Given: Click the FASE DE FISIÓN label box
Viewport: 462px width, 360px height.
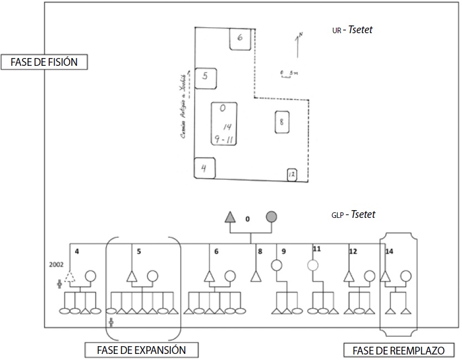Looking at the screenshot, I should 45,61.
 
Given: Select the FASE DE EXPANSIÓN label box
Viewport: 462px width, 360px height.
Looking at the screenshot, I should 140,349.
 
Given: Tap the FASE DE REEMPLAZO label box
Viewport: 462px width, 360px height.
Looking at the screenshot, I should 398,349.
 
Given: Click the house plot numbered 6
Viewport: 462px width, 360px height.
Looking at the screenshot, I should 240,38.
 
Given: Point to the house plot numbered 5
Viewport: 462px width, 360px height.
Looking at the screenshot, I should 205,77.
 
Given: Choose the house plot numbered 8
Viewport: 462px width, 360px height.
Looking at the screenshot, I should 281,122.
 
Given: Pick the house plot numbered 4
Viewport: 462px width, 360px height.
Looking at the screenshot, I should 204,168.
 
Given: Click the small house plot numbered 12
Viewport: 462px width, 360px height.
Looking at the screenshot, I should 292,175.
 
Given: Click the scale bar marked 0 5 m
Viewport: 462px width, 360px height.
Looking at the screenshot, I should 288,74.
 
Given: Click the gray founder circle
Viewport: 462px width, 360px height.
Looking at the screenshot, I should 271,216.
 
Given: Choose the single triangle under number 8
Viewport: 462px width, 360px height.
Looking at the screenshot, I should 255,276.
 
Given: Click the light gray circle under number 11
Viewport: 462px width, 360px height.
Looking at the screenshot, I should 313,265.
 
